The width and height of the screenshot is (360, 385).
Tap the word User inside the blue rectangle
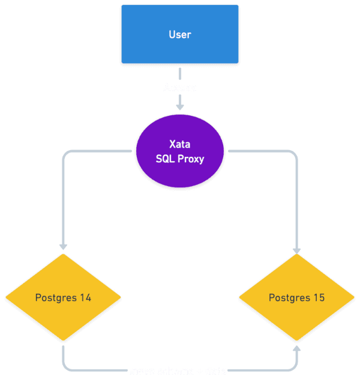click(x=180, y=35)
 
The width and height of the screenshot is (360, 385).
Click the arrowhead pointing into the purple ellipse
click(x=180, y=106)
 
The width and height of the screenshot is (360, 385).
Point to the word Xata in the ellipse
click(x=180, y=144)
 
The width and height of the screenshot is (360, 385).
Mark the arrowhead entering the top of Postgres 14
click(x=63, y=246)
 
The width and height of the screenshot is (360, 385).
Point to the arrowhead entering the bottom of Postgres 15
click(x=297, y=349)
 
